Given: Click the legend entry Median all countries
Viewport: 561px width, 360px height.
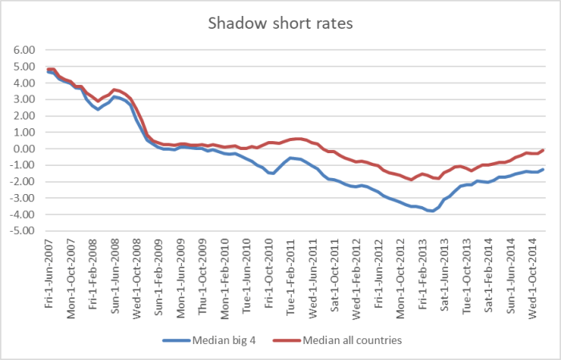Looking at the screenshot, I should (352, 340).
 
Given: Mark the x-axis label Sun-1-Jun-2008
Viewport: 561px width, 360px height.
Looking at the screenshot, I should (117, 273).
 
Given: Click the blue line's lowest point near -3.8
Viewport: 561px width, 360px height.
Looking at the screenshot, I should (432, 211).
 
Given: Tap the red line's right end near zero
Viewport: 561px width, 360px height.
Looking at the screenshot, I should (544, 150).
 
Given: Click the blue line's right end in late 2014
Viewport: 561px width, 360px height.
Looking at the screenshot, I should (544, 169).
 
